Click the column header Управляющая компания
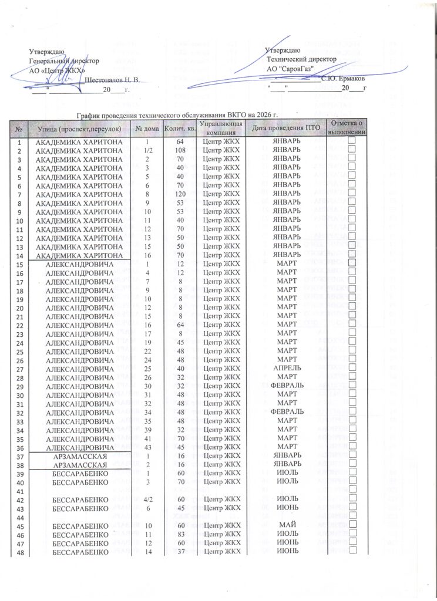220,128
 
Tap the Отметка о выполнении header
347,128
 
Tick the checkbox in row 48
352,551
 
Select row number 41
19,491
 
